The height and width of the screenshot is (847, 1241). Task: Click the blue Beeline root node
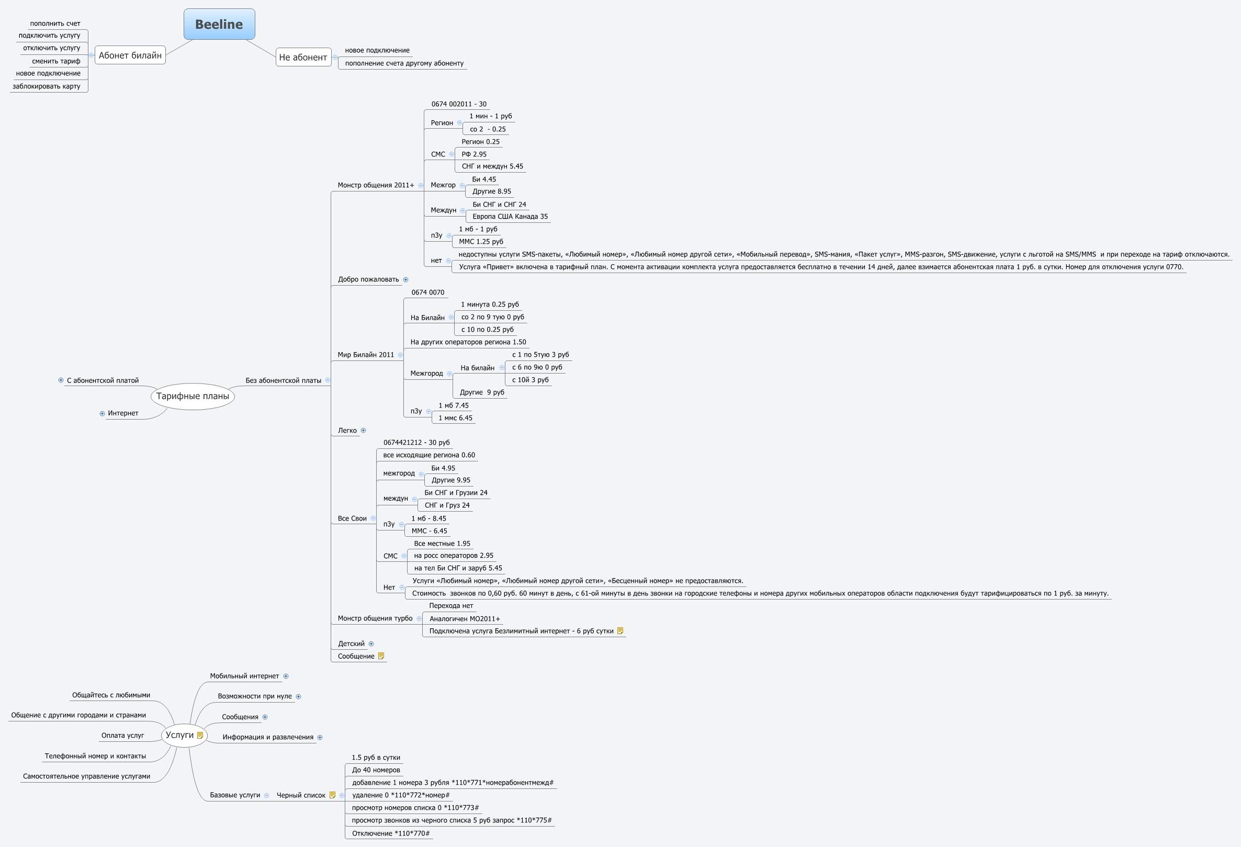(x=219, y=24)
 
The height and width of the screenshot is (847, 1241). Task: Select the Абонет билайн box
(x=130, y=55)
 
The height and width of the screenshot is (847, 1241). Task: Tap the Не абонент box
(x=303, y=57)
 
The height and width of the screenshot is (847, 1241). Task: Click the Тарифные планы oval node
(x=192, y=396)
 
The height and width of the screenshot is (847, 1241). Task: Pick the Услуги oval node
(x=180, y=735)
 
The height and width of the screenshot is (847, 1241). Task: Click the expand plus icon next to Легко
(x=364, y=431)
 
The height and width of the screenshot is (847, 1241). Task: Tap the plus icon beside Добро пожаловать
(x=406, y=279)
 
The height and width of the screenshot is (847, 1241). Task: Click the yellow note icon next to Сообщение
(x=381, y=656)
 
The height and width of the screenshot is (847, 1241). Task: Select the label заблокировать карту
(x=47, y=86)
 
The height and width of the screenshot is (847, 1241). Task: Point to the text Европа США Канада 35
(x=510, y=216)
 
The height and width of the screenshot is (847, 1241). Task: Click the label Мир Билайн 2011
(x=366, y=355)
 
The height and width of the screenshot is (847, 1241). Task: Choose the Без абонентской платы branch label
(x=283, y=380)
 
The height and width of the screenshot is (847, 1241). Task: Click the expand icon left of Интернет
(x=102, y=413)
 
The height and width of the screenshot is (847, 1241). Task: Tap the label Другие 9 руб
(x=482, y=392)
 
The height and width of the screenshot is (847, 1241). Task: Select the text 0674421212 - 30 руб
(x=416, y=442)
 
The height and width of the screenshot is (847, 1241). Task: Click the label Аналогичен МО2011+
(x=465, y=618)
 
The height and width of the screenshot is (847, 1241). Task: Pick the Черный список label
(x=301, y=795)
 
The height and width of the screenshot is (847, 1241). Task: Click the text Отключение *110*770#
(x=390, y=833)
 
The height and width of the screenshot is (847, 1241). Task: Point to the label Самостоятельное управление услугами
(x=86, y=776)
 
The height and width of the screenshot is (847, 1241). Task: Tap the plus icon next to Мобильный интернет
(x=286, y=676)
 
